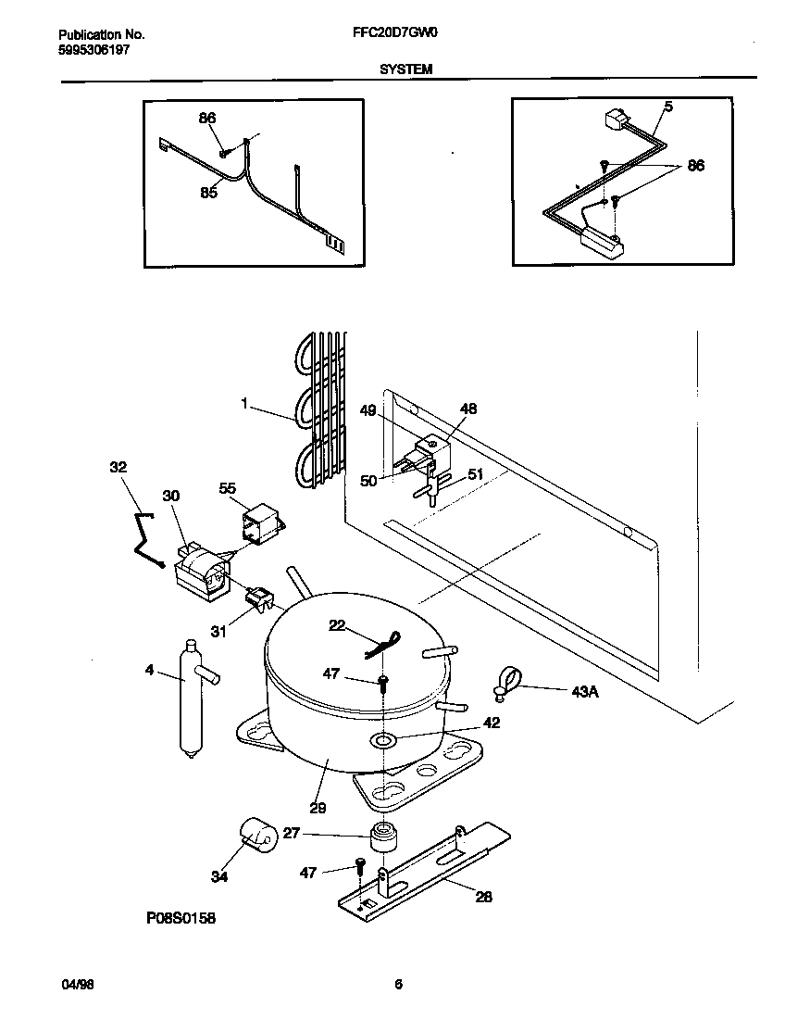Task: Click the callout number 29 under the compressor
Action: point(318,808)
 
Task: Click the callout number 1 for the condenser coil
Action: point(244,404)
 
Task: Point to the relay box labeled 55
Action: point(261,522)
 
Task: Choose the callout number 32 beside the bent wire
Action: point(118,467)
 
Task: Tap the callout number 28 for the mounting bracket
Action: point(483,896)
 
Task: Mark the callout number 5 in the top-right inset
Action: point(666,107)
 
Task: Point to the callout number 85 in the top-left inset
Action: point(208,193)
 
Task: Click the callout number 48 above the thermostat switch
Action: point(468,409)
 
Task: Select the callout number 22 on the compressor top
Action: point(336,626)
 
